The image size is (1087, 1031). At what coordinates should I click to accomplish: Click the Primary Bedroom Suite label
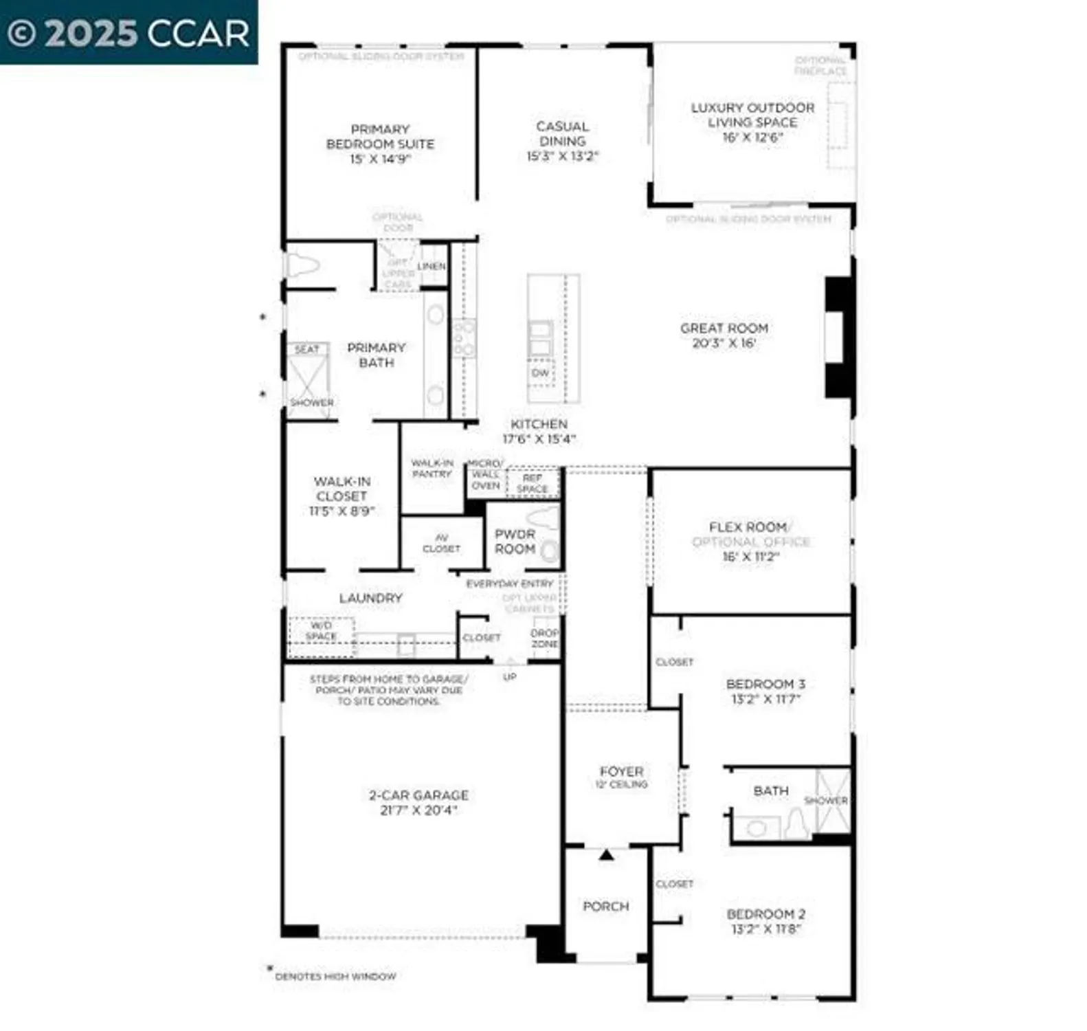(x=380, y=137)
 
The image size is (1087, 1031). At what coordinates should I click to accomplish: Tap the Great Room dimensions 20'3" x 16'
(x=724, y=343)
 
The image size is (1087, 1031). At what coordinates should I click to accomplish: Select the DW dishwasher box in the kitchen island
(x=541, y=373)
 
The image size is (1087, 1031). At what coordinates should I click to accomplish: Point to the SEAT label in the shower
(x=306, y=349)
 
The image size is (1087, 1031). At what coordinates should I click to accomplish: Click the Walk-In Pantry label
(x=432, y=468)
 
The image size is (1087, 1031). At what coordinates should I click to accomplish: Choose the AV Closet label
(x=441, y=543)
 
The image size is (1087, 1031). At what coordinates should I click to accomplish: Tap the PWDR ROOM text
(x=515, y=542)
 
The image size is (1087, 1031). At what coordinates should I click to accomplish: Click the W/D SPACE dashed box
(x=321, y=632)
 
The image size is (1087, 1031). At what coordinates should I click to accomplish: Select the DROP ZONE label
(x=545, y=638)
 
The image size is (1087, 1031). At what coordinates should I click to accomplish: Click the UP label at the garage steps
(x=510, y=677)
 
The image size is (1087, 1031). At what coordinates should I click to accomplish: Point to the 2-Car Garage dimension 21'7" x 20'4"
(x=418, y=810)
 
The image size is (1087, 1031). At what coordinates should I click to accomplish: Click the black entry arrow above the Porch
(x=606, y=855)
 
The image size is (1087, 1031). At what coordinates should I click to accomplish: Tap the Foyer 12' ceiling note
(x=621, y=784)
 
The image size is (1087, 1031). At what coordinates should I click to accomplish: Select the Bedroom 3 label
(x=765, y=684)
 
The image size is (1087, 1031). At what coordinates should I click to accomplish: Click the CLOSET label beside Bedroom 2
(x=674, y=884)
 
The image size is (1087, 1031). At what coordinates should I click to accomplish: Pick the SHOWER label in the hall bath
(x=825, y=801)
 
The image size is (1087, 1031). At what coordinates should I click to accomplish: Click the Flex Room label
(x=748, y=527)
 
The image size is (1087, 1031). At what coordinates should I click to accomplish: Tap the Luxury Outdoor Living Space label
(x=752, y=115)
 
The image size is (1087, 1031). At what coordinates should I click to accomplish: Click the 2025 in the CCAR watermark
(x=91, y=33)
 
